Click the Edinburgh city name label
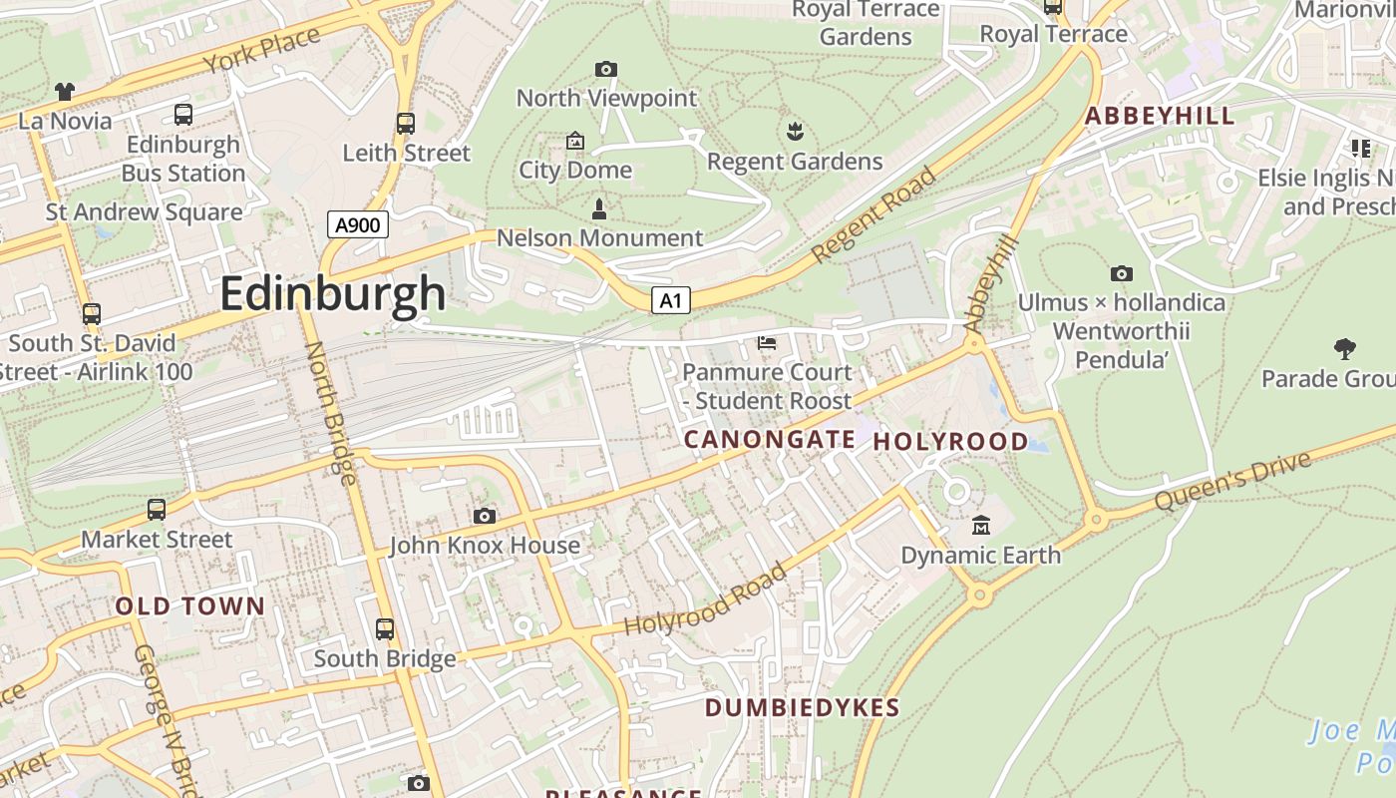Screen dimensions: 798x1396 (333, 293)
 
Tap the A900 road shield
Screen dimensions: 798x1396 (357, 224)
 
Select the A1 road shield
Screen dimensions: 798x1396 (671, 300)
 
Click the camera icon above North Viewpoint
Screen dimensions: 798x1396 (606, 69)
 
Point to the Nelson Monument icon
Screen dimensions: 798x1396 (599, 209)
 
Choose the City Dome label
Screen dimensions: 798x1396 (575, 170)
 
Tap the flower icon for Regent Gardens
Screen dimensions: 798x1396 (795, 131)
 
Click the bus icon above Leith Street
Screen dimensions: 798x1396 (406, 124)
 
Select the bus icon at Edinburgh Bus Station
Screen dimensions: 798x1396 (183, 115)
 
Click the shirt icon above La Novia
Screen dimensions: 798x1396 (65, 92)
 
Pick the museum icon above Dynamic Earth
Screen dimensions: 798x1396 (981, 525)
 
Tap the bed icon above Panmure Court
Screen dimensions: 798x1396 (767, 343)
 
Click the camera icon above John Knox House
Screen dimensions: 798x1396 (485, 516)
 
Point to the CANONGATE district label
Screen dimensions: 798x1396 (769, 440)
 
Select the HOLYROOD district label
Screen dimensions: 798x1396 (950, 442)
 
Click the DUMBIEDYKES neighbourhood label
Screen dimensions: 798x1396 (802, 708)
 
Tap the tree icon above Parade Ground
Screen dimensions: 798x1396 (1345, 349)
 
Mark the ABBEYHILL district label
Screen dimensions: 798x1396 (1160, 116)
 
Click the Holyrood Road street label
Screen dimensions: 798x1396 (705, 600)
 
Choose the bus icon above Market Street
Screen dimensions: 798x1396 (157, 510)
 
